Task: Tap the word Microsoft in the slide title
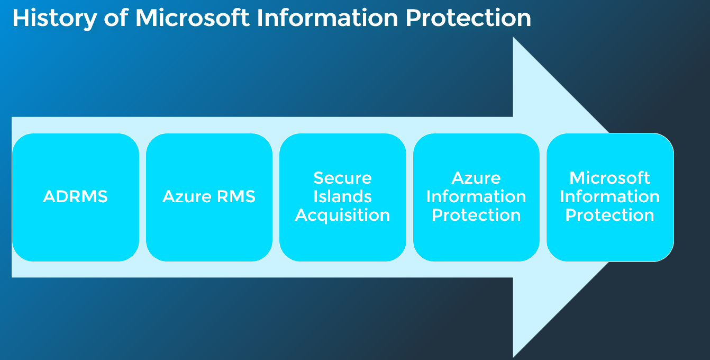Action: [193, 18]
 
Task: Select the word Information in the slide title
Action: [327, 18]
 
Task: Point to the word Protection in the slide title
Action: [468, 18]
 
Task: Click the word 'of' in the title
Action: [116, 18]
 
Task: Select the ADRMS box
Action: [76, 197]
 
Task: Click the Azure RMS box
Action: [209, 197]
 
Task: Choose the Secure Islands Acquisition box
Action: [343, 197]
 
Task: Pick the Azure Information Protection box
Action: [476, 197]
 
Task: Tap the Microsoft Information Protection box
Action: [610, 197]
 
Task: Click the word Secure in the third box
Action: [343, 178]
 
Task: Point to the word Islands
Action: [343, 196]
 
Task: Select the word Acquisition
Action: [343, 215]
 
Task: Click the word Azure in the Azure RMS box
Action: [187, 196]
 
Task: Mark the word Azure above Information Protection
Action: [476, 178]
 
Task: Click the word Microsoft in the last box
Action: [610, 178]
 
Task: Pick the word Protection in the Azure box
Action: [476, 215]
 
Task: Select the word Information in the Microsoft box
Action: [610, 196]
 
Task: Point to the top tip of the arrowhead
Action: [513, 37]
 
